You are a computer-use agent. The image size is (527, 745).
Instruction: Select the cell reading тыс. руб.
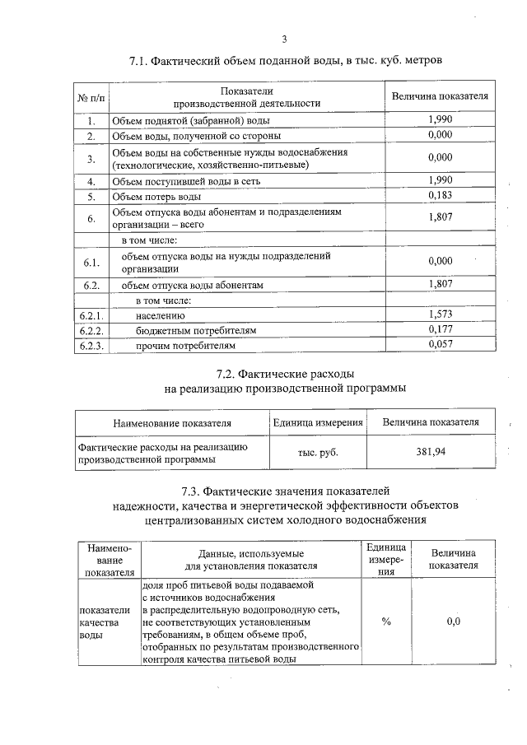pyautogui.click(x=318, y=452)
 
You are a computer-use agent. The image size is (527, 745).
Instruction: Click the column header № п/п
pyautogui.click(x=91, y=97)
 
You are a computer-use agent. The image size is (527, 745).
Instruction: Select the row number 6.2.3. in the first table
pyautogui.click(x=91, y=346)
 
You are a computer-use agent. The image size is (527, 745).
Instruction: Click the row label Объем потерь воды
pyautogui.click(x=156, y=197)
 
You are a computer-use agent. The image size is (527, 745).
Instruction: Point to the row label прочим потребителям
pyautogui.click(x=185, y=346)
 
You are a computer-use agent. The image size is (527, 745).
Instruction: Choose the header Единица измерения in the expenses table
pyautogui.click(x=318, y=422)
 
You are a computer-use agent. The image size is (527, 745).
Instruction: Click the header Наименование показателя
pyautogui.click(x=172, y=423)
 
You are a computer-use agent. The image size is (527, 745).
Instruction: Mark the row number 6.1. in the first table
pyautogui.click(x=91, y=263)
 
